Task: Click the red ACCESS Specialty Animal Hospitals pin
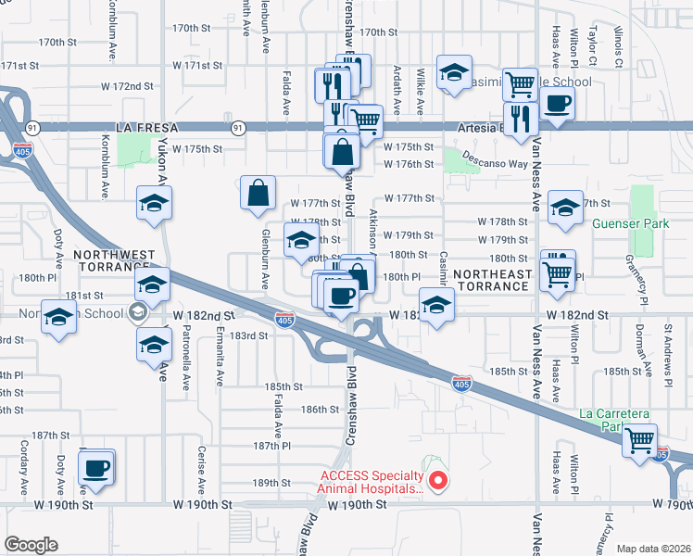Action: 440,481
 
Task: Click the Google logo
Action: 31,544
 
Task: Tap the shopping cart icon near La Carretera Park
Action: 640,441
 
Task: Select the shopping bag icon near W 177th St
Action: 258,193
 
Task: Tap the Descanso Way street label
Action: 496,163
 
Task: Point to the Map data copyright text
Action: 652,549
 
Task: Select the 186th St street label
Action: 321,409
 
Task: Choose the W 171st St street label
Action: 24,66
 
